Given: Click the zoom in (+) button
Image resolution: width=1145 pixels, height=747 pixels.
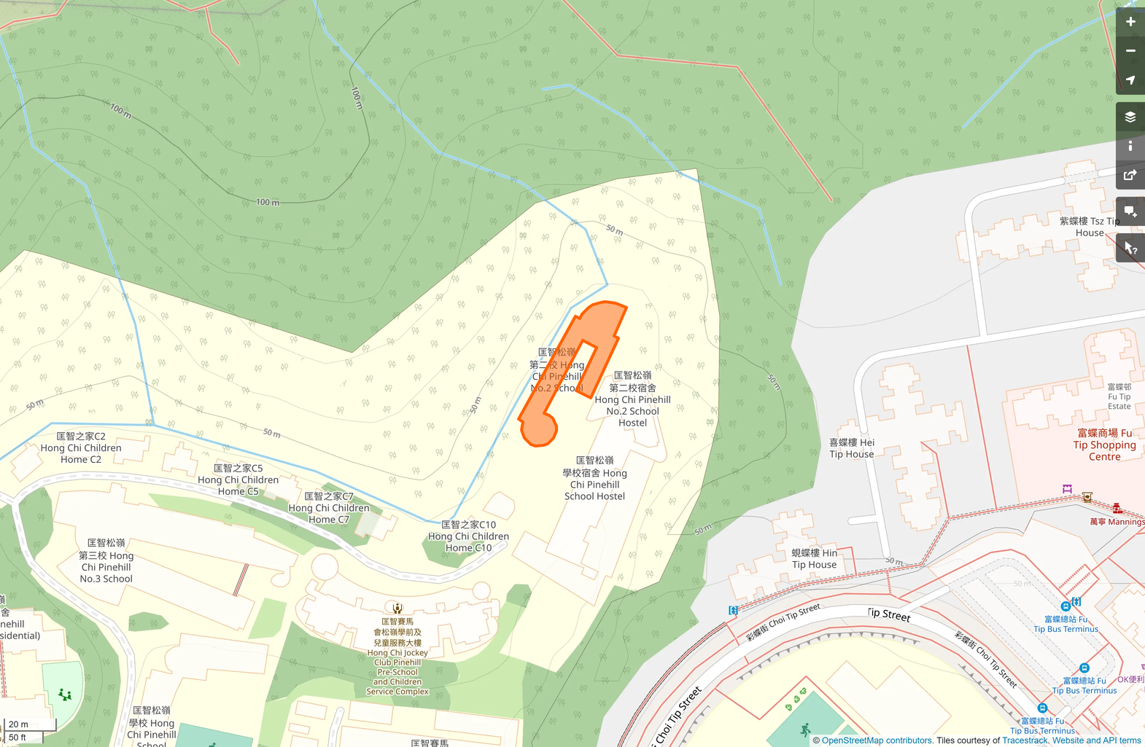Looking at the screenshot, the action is coord(1130,22).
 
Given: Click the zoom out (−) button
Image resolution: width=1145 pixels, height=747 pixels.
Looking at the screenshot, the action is coord(1130,51).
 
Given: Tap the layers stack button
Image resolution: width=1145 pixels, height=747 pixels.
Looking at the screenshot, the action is coord(1130,117).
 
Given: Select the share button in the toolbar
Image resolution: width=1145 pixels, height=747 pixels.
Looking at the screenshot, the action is coord(1130,175).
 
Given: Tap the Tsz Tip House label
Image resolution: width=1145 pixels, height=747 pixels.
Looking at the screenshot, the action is coord(1090,227).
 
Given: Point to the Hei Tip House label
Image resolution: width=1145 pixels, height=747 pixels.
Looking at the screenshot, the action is coord(851,448).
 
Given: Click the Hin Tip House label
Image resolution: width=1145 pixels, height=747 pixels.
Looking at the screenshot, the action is coord(814,559).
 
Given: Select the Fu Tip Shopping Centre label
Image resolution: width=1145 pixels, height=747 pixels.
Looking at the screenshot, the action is coord(1104,445).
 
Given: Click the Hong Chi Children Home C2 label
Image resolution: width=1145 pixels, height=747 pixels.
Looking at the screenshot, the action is coord(81,447).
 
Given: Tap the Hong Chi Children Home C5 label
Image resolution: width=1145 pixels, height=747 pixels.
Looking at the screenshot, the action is coord(238,480).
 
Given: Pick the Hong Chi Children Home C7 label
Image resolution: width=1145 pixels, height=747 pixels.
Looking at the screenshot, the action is coord(328,508).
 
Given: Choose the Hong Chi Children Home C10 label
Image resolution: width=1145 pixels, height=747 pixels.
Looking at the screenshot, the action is coord(468,536).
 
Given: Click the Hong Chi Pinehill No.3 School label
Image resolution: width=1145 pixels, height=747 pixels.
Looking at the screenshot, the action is coord(106,560).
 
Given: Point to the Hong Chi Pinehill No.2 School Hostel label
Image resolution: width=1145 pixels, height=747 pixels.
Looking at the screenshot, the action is coord(632,399).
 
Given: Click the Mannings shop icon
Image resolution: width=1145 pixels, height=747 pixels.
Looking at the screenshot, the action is coord(1117,508).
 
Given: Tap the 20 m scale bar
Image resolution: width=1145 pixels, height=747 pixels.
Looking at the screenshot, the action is coord(29,724).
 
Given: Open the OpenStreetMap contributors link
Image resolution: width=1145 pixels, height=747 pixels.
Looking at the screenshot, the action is coord(877,740).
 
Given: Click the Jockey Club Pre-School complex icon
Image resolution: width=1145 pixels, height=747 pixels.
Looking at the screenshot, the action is coord(397,608).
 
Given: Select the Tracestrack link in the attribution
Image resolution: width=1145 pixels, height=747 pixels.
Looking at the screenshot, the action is coord(1025,740).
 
